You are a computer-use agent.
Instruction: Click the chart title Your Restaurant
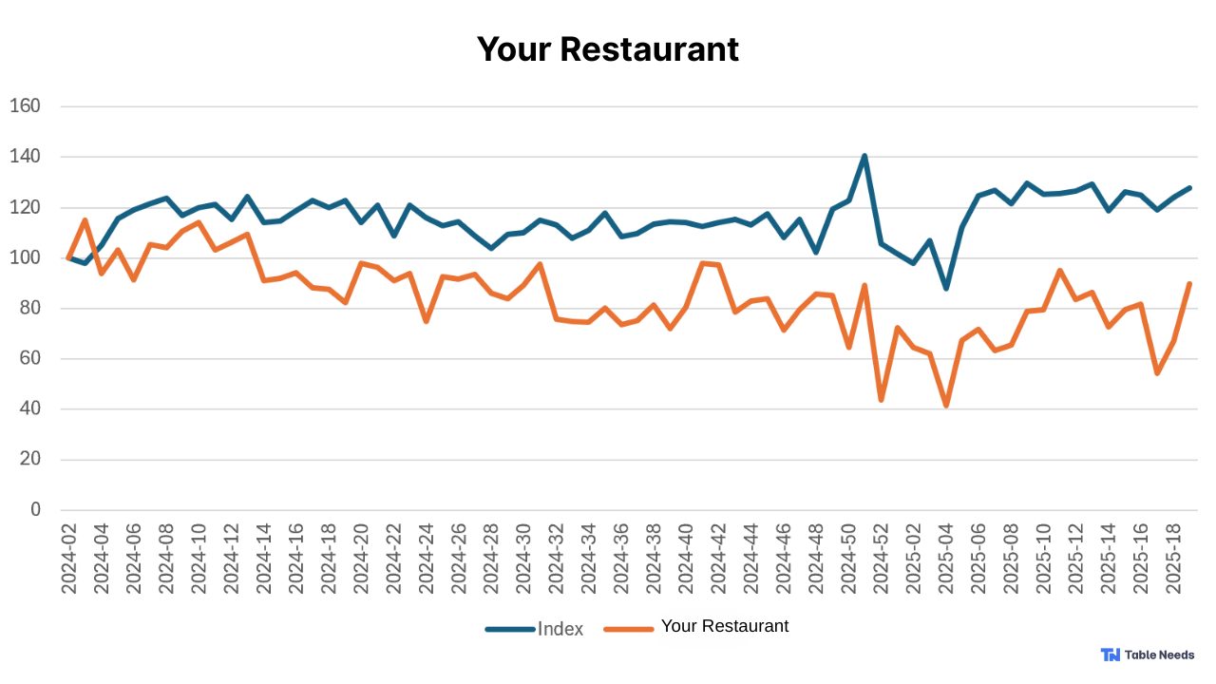pos(607,49)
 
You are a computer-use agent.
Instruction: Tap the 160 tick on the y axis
pos(25,106)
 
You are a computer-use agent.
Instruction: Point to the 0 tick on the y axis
pos(35,510)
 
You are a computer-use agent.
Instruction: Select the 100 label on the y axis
pos(25,257)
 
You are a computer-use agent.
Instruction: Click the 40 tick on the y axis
pos(29,409)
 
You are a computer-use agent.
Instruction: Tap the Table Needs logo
pos(1148,655)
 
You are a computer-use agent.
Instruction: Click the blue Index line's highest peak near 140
pos(864,156)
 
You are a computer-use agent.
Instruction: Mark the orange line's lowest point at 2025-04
pos(946,406)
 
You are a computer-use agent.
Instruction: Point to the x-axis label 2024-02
pos(69,559)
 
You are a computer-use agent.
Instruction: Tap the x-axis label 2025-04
pos(946,559)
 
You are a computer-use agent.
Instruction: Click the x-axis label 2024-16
pos(296,559)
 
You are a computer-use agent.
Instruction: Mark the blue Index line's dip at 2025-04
pos(946,288)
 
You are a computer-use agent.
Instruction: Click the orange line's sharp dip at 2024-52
pos(882,400)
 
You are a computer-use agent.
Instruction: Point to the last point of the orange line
pos(1189,284)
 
